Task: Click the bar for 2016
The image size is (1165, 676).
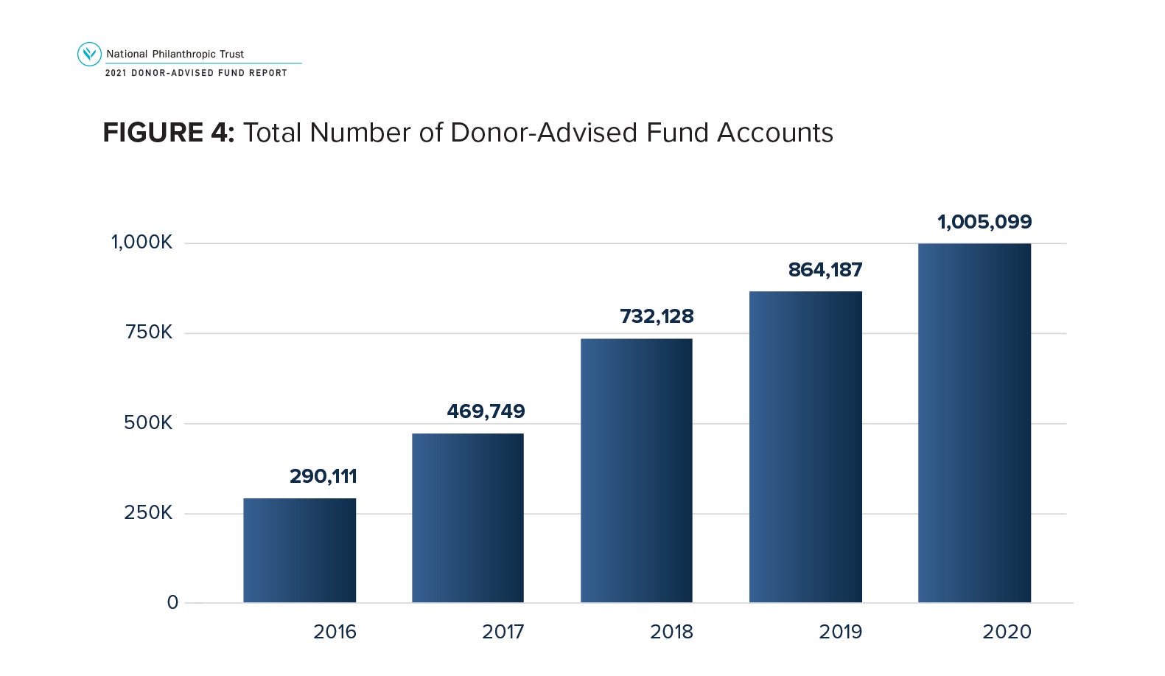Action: pos(299,550)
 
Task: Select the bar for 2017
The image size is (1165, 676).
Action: pos(468,518)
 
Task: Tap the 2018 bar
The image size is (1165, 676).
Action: pos(637,470)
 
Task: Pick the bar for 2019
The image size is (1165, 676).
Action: pos(805,447)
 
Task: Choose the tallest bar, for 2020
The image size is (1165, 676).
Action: pos(974,422)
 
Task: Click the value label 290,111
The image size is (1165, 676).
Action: pos(323,476)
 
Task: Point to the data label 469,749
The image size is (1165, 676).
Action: pos(486,411)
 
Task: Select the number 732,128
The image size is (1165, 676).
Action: pos(657,316)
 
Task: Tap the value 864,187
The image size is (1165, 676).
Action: pos(825,270)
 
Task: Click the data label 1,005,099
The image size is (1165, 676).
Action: pos(984,222)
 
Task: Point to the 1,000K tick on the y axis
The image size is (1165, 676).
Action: pos(141,243)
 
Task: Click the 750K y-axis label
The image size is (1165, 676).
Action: pos(149,332)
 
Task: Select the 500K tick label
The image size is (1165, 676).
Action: pos(148,422)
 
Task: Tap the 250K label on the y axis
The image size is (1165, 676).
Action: pos(148,512)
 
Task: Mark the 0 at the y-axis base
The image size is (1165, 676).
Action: pos(172,602)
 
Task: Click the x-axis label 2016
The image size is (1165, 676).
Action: pos(335,632)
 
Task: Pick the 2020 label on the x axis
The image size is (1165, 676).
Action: pos(1007,632)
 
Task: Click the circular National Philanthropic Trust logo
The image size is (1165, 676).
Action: pos(89,54)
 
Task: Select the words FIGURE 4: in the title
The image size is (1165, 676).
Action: pos(169,133)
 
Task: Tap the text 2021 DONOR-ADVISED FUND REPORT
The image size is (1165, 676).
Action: pos(196,73)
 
